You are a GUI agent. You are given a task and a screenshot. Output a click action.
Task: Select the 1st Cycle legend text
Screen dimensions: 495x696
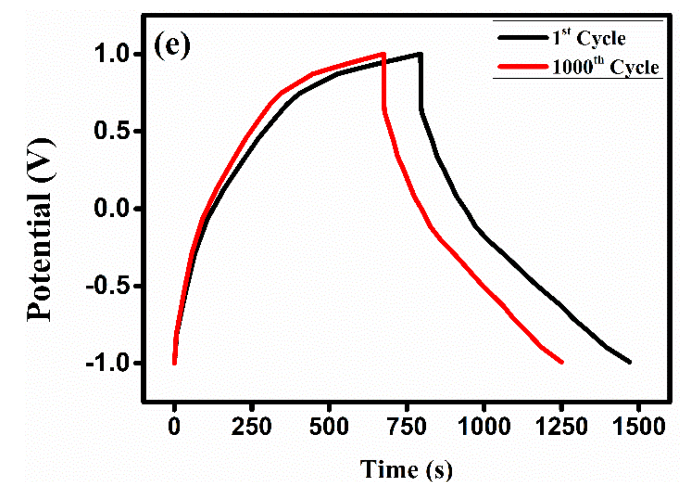589,38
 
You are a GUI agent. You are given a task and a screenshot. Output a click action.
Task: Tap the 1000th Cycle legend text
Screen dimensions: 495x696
605,67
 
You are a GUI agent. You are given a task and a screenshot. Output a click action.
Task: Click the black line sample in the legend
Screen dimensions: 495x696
523,37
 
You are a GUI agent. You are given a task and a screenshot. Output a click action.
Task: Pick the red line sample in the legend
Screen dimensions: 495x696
523,66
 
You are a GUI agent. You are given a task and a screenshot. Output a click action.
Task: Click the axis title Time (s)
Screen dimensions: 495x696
406,470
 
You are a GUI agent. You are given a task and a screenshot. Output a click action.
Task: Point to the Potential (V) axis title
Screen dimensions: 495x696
41,229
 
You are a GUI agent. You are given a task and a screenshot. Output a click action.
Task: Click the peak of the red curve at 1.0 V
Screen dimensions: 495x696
383,54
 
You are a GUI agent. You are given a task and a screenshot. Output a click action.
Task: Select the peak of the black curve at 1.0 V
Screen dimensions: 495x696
420,54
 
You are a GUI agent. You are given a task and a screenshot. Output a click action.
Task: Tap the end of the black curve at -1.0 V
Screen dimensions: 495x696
629,362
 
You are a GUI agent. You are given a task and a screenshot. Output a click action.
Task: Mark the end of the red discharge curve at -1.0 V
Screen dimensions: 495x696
562,362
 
